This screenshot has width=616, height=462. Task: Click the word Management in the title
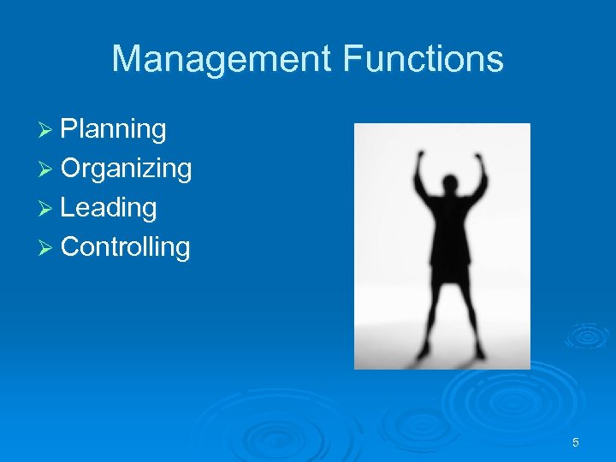pos(222,60)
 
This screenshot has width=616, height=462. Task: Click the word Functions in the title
pos(423,60)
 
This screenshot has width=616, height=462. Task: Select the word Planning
pos(114,130)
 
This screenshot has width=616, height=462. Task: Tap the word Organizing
pos(126,169)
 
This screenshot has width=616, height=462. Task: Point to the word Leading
pos(109,208)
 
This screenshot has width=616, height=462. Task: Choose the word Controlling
pos(126,247)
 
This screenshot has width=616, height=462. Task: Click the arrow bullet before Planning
pos(48,130)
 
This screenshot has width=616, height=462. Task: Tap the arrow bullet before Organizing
pos(48,169)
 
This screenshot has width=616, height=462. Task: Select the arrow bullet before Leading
pos(48,208)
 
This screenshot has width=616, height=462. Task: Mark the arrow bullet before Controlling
pos(48,247)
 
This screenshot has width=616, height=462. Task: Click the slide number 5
pos(576,442)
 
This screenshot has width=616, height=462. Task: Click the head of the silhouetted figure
pos(448,186)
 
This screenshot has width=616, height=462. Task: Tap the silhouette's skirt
pos(449,265)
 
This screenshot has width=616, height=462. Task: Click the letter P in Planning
pos(69,130)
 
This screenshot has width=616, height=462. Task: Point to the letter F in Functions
pos(350,60)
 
